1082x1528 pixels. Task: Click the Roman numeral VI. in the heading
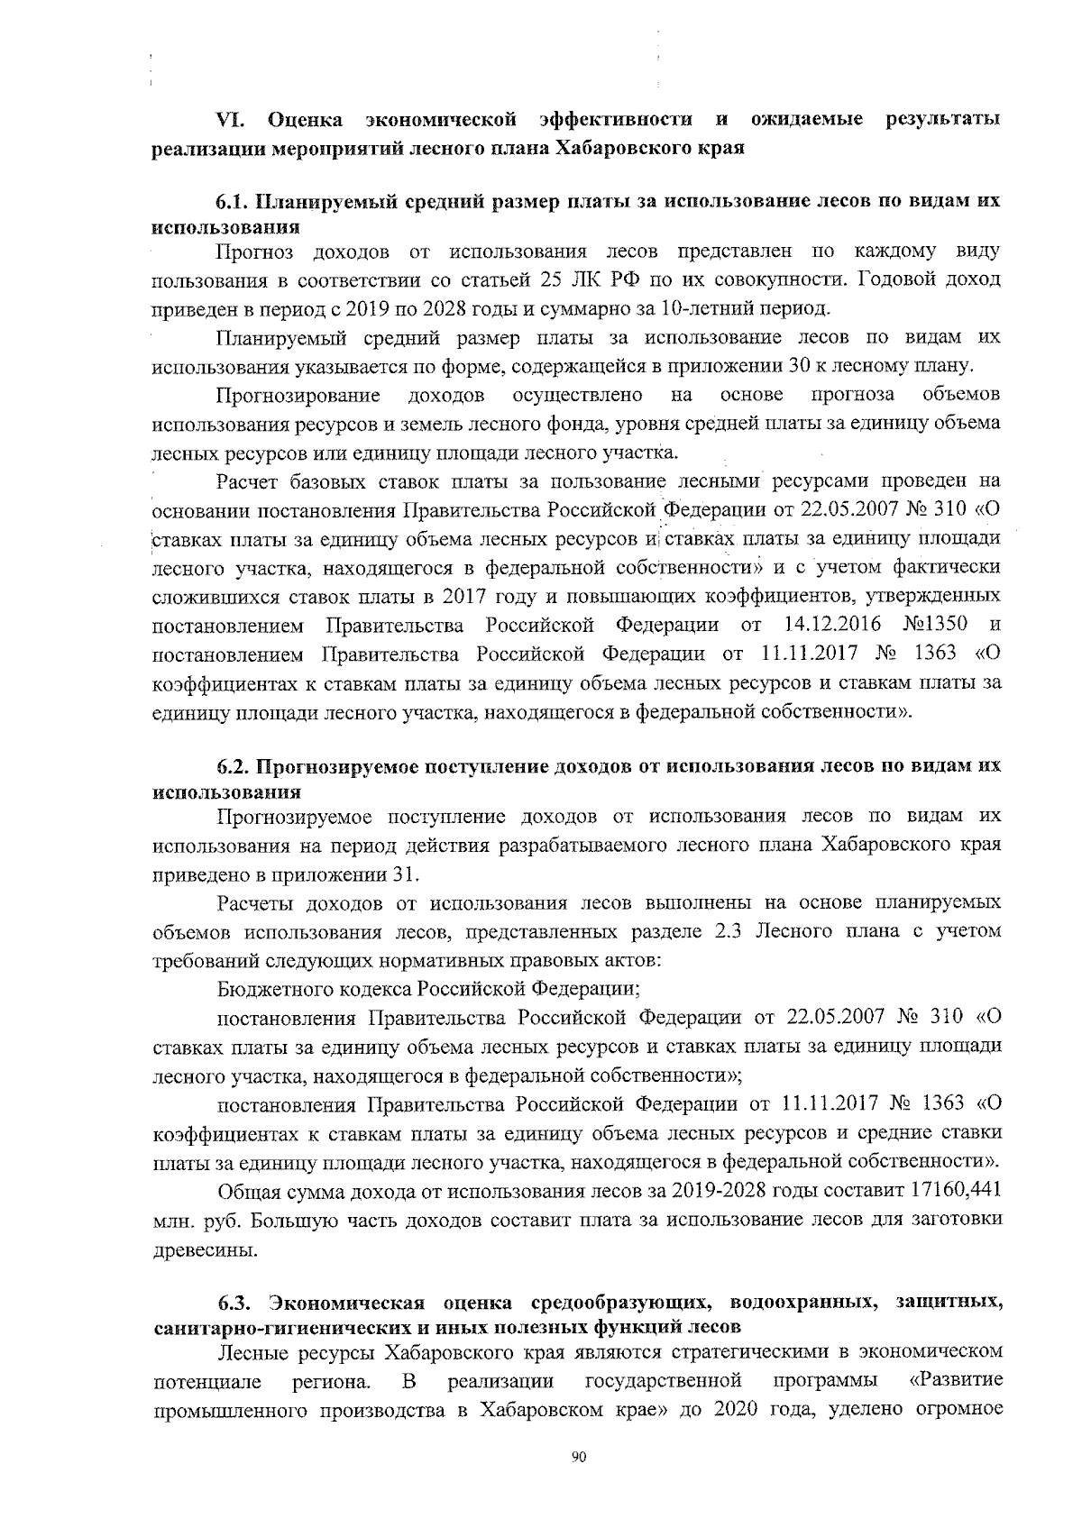(235, 120)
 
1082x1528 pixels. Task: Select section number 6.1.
(234, 202)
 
